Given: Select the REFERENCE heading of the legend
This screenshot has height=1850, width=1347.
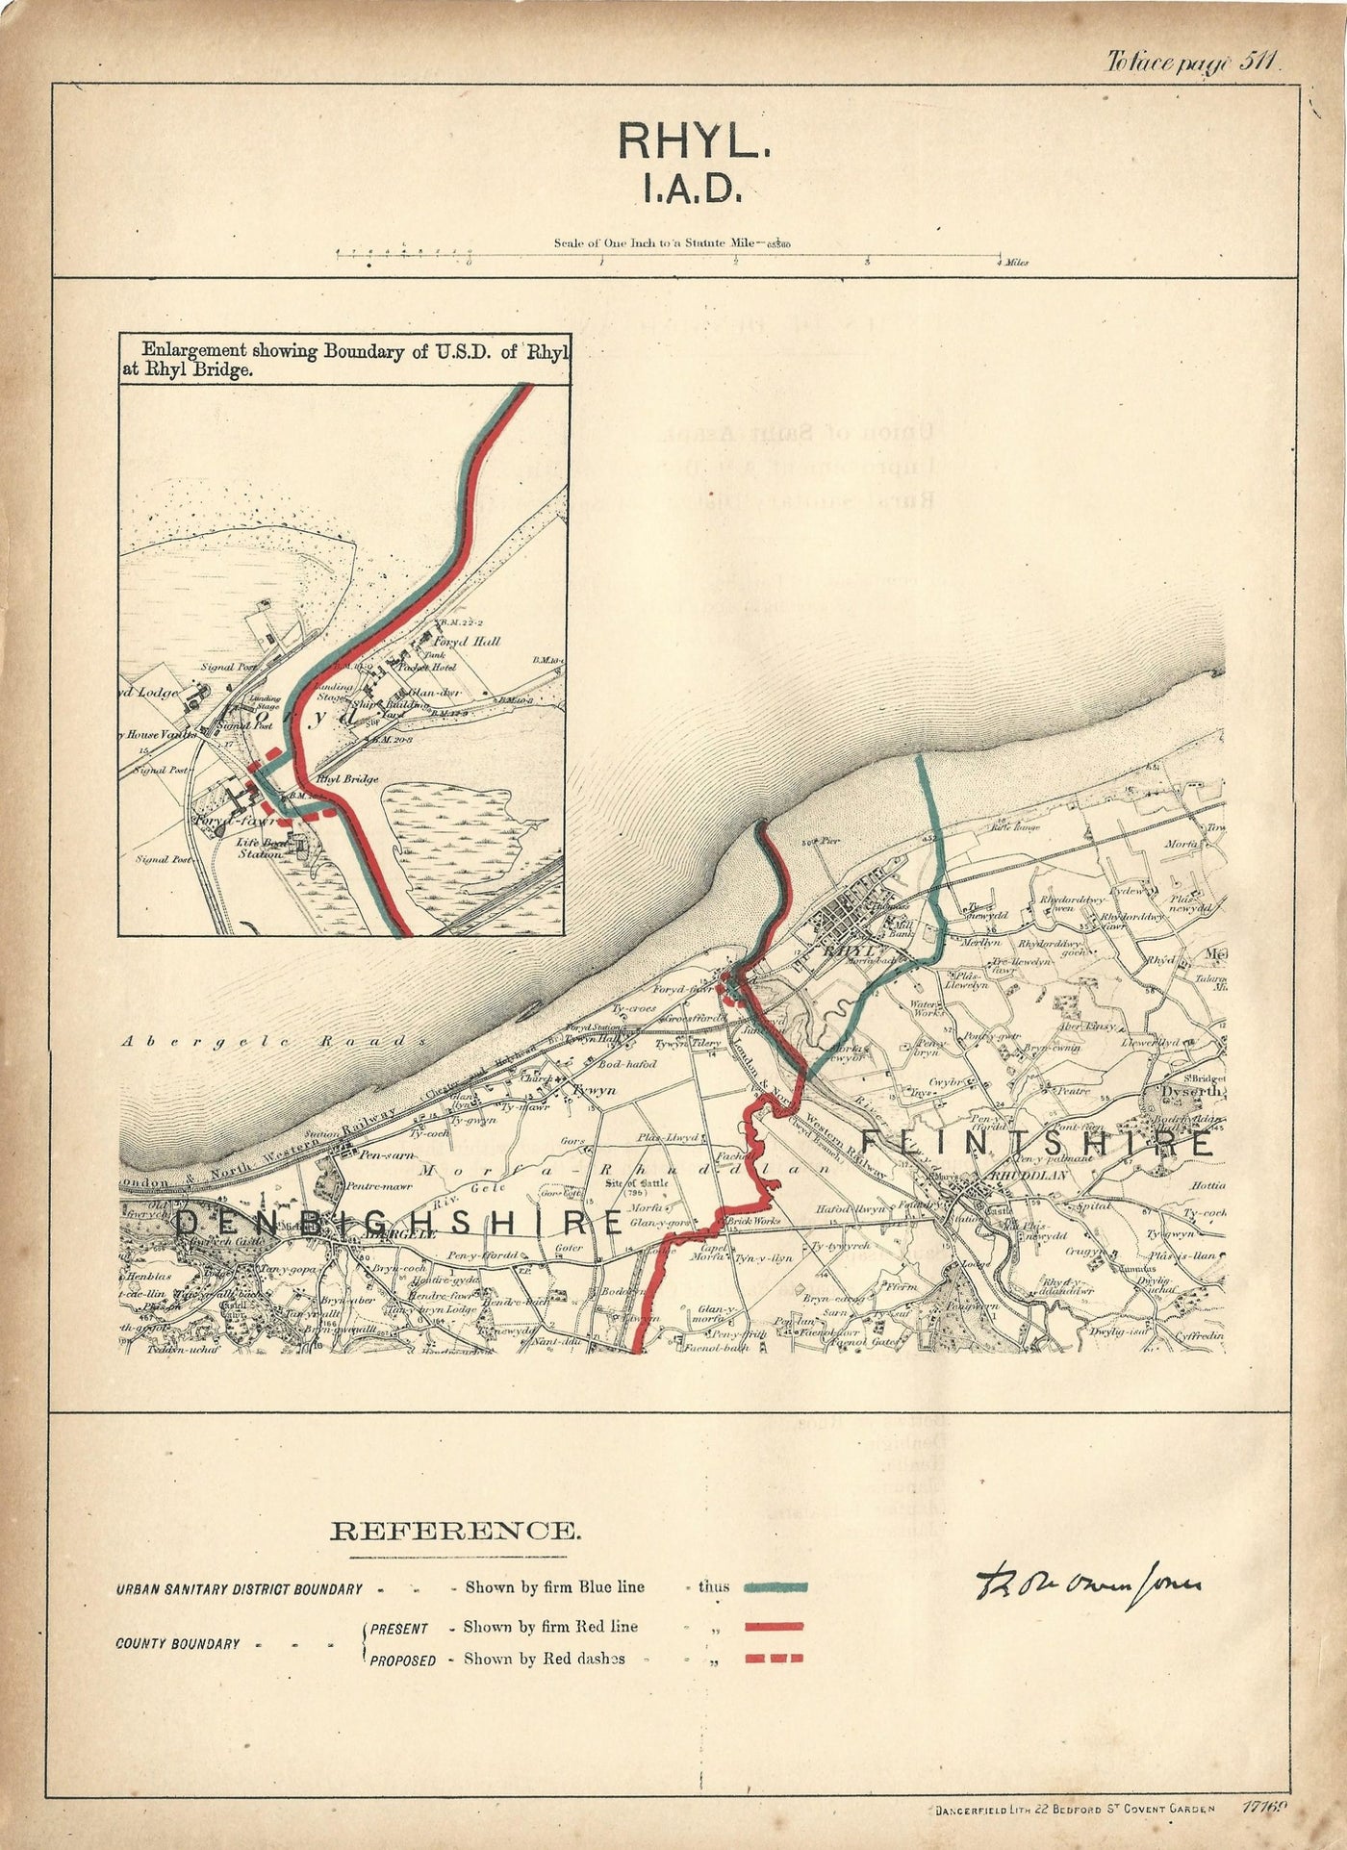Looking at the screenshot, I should [455, 1531].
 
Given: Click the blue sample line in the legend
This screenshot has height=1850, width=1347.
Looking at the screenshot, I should [775, 1587].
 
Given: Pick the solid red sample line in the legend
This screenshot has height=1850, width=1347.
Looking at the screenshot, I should [774, 1627].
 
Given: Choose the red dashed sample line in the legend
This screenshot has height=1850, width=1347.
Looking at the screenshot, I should [774, 1659].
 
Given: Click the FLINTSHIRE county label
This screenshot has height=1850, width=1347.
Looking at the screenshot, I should [1035, 1143].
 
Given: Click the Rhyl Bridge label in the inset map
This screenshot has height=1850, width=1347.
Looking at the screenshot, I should [346, 779].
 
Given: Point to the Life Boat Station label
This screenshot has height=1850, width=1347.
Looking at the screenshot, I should [261, 848].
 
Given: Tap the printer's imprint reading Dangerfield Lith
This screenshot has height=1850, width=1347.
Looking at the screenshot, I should [1073, 1810].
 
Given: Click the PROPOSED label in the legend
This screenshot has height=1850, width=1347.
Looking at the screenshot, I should [402, 1660].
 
